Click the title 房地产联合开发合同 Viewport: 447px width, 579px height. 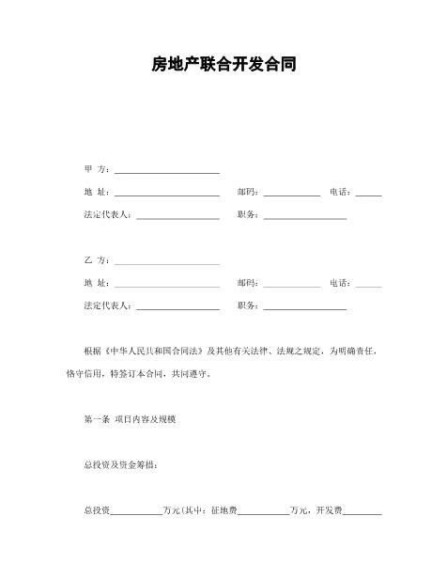(223, 65)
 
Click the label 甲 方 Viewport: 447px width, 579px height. (97, 169)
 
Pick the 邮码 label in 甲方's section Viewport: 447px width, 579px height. (248, 192)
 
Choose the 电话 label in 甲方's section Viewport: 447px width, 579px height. (340, 192)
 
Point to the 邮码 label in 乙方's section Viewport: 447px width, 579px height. (248, 283)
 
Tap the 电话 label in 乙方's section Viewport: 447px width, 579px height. (340, 283)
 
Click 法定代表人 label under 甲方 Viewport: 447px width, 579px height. (108, 214)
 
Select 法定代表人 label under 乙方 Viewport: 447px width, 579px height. (108, 305)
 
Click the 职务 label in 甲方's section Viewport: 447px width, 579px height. (248, 214)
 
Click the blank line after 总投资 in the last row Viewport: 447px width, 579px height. (135, 513)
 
